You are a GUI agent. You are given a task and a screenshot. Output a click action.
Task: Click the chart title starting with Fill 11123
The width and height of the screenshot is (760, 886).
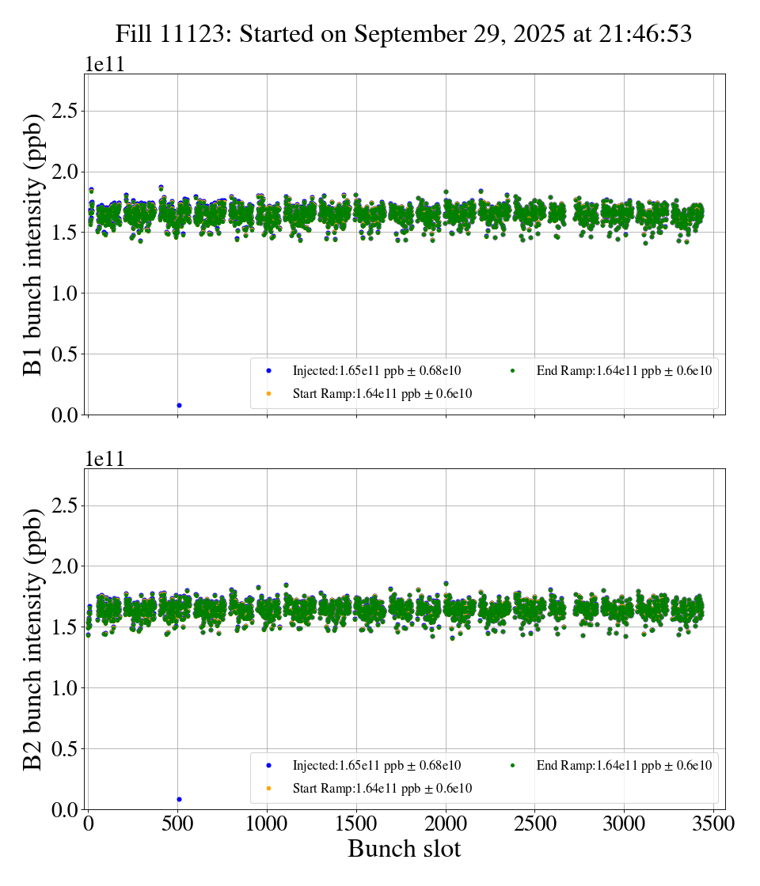404,33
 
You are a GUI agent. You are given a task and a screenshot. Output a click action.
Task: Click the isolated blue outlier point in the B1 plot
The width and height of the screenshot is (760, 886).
179,405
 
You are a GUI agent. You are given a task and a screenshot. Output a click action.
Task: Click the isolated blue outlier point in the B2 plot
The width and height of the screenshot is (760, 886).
179,799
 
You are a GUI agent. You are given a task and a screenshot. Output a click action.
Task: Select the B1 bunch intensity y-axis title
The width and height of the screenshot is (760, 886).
33,244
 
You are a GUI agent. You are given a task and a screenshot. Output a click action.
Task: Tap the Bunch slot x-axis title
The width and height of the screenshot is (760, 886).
404,849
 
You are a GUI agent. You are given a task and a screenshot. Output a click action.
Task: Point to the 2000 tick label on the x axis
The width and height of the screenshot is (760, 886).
446,824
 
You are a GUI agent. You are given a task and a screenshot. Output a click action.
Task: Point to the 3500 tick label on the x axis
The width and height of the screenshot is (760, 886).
713,824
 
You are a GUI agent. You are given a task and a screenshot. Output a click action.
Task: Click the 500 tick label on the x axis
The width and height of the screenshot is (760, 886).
178,824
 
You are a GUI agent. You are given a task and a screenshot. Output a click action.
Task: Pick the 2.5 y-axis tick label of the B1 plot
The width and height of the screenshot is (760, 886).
67,111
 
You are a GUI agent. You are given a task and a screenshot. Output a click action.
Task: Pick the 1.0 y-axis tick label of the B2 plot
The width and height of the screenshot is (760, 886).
67,688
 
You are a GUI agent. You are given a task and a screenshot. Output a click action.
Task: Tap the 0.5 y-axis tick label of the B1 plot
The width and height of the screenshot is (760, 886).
67,354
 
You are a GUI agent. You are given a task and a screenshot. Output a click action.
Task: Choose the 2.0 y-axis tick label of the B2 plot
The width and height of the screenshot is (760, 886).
67,566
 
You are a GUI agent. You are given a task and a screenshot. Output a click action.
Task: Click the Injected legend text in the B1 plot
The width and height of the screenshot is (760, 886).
376,370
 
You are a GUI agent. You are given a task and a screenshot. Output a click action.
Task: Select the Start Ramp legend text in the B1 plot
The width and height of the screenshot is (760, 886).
382,393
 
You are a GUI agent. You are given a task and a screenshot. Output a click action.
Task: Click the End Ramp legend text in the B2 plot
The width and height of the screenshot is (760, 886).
624,765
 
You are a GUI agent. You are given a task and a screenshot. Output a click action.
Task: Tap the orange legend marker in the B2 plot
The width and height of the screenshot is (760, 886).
269,788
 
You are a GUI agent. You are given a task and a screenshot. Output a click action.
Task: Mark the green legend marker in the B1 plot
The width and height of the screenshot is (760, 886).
513,370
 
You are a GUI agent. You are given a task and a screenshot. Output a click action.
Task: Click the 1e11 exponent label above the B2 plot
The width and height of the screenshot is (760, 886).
105,460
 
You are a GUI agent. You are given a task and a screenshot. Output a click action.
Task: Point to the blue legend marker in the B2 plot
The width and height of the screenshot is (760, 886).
269,765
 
